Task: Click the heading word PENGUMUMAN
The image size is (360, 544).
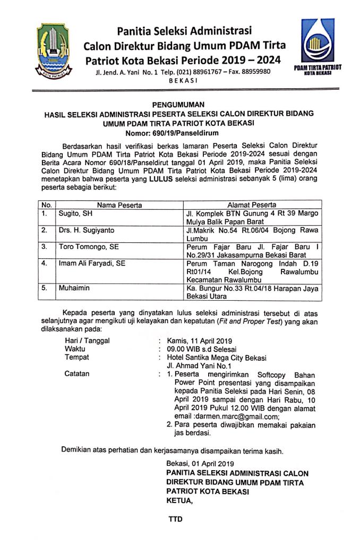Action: [x=179, y=104]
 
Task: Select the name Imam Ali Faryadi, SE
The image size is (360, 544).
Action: [x=92, y=263]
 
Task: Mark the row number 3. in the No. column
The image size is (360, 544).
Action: [x=46, y=247]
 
